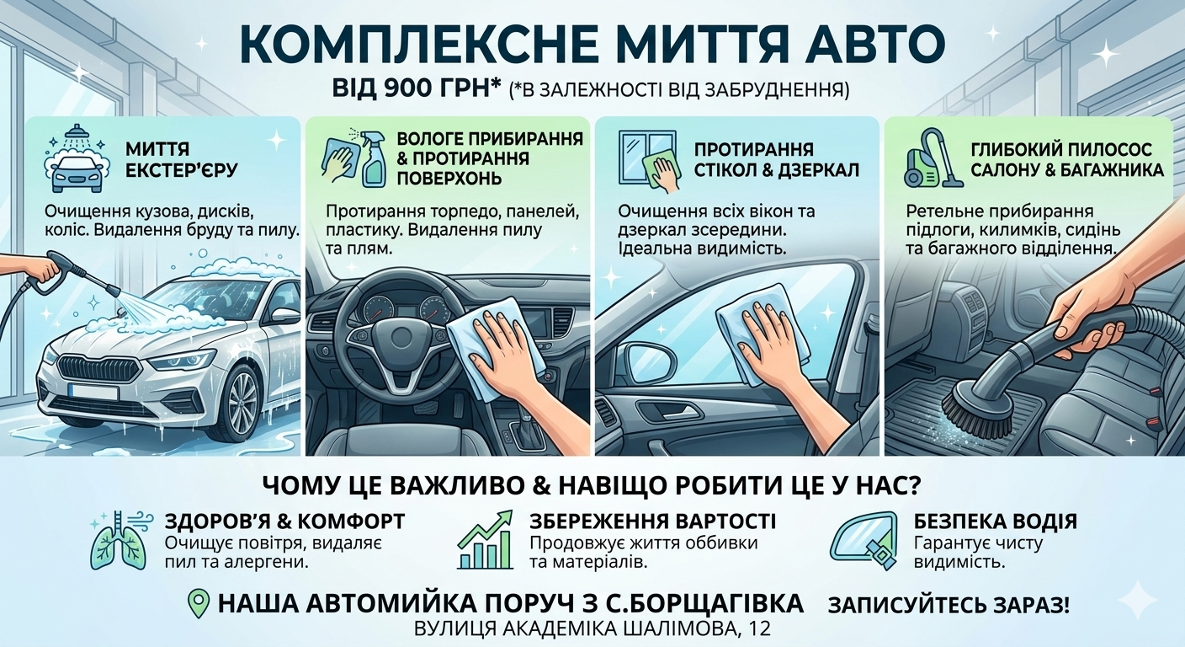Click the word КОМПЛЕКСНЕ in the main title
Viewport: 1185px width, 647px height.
coord(415,44)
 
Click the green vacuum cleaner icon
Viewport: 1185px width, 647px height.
coord(931,160)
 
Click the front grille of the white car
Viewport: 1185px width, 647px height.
coord(94,366)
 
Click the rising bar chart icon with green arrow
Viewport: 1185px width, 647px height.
coord(485,539)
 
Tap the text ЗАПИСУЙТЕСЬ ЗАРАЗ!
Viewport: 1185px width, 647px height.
coord(949,605)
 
